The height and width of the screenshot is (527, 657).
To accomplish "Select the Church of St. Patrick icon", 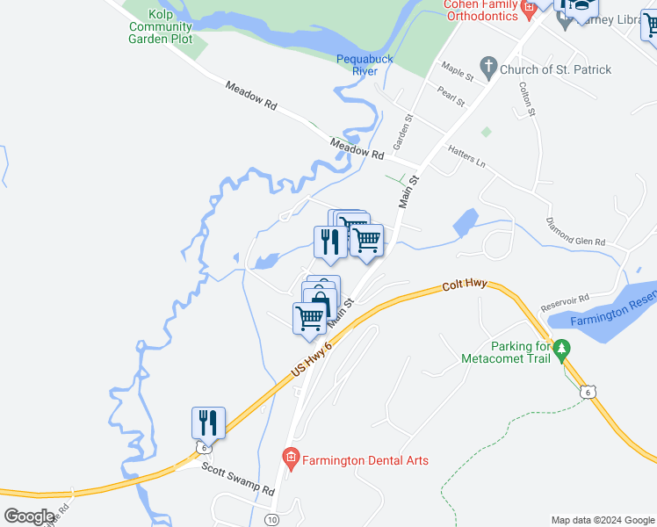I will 488,68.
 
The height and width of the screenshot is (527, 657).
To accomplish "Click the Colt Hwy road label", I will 465,286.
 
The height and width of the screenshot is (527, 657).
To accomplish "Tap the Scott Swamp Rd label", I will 238,480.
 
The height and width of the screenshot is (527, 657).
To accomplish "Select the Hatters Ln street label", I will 466,156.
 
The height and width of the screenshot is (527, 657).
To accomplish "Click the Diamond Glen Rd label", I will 575,231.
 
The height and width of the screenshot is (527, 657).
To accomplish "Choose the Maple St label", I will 458,72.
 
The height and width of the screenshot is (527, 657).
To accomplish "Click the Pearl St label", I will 451,95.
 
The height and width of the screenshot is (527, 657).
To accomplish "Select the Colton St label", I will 527,99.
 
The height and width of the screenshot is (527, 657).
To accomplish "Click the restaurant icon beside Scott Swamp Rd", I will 208,423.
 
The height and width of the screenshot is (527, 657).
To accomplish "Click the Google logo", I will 29,516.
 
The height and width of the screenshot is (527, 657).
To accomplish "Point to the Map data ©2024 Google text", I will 601,520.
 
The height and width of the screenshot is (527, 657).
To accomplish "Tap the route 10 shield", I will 271,520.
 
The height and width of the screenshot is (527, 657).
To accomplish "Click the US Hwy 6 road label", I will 312,361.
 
